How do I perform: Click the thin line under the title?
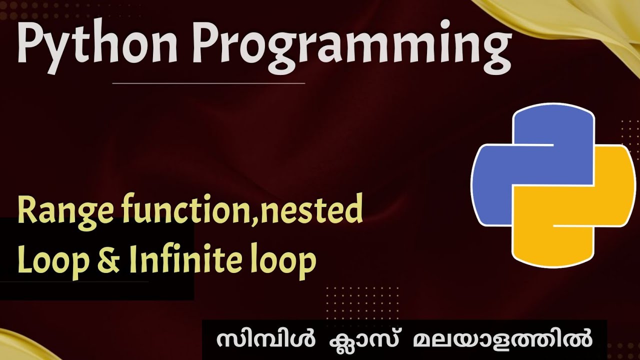[209, 83]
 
